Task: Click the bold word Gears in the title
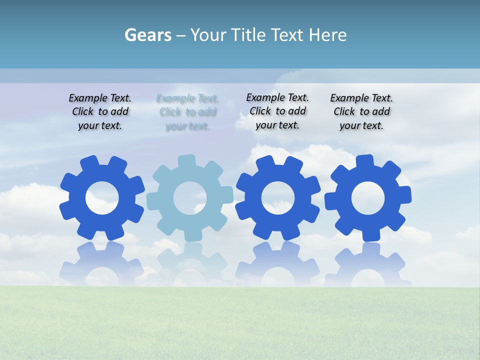pyautogui.click(x=147, y=35)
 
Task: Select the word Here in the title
pyautogui.click(x=327, y=35)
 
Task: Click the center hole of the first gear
pyautogui.click(x=102, y=198)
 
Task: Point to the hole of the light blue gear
pyautogui.click(x=190, y=198)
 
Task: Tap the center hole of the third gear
pyautogui.click(x=278, y=198)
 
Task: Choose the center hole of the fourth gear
pyautogui.click(x=368, y=198)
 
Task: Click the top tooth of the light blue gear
pyautogui.click(x=187, y=161)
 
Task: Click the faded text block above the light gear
pyautogui.click(x=187, y=112)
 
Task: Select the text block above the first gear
pyautogui.click(x=100, y=112)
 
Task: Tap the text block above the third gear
pyautogui.click(x=277, y=111)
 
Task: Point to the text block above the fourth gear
pyautogui.click(x=361, y=112)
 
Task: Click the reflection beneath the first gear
pyautogui.click(x=102, y=262)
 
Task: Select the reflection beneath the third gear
pyautogui.click(x=278, y=262)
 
